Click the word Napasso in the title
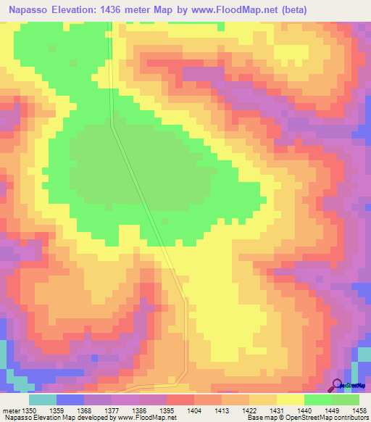point(30,10)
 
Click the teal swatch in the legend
point(43,400)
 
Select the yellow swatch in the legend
point(291,400)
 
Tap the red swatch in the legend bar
point(180,400)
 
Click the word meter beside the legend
point(12,410)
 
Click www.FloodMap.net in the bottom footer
point(143,418)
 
